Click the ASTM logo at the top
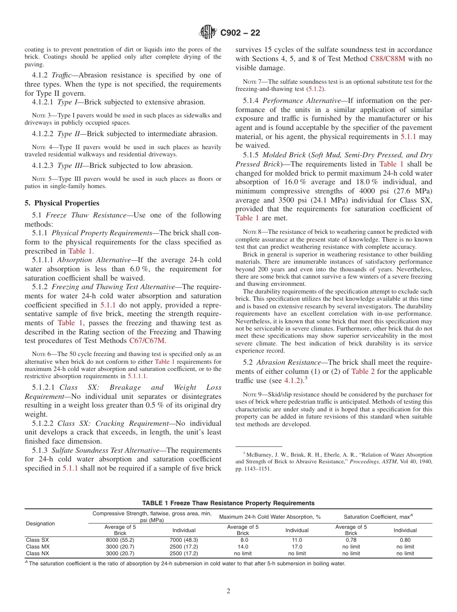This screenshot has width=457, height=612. point(208,33)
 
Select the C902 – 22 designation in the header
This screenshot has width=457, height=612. point(240,33)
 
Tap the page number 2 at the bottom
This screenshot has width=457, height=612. point(228,591)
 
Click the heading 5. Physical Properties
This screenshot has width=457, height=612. point(62,203)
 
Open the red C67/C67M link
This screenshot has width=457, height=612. point(147,341)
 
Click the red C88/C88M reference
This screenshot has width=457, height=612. point(389,59)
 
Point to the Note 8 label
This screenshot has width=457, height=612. point(253,232)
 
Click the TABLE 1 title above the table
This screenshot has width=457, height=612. point(228,503)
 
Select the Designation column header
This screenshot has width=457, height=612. point(40,523)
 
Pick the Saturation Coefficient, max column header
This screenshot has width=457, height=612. point(378,517)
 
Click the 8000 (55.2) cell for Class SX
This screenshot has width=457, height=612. point(120,540)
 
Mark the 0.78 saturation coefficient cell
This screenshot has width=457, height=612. point(351,540)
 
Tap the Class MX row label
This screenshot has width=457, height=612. point(38,547)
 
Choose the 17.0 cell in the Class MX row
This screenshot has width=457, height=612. point(297,547)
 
